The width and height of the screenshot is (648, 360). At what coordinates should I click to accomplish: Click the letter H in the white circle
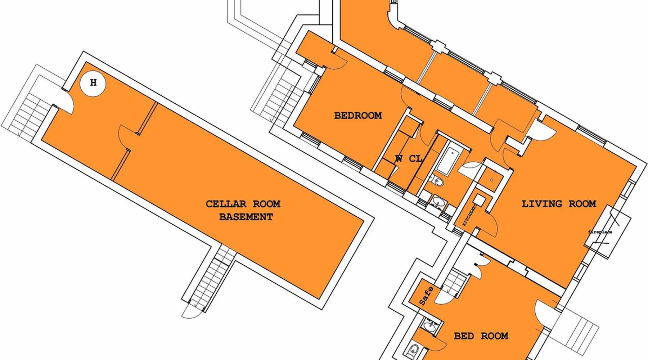(x=93, y=83)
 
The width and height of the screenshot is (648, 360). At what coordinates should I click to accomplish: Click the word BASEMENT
(x=246, y=217)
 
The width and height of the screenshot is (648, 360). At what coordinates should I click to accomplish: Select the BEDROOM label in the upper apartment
(x=358, y=116)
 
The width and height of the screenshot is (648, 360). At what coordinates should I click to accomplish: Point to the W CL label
(x=409, y=159)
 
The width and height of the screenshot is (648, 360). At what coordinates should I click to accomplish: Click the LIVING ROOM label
(x=559, y=204)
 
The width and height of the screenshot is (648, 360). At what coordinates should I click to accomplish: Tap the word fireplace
(x=600, y=232)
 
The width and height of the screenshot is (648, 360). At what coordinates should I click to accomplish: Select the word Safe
(x=427, y=296)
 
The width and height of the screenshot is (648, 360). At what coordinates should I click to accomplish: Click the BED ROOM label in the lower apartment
(x=481, y=336)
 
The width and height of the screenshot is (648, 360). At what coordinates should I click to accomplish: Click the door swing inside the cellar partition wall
(x=126, y=135)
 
